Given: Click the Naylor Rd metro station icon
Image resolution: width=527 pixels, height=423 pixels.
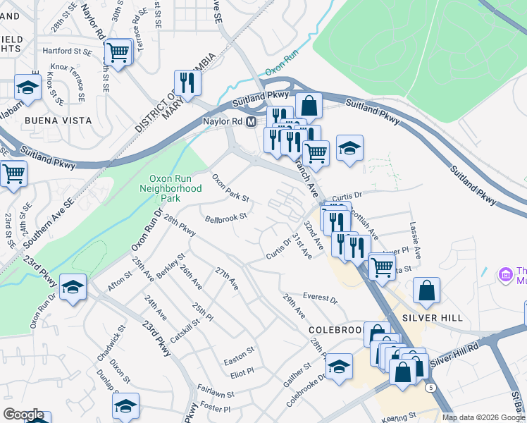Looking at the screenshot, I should [251, 122].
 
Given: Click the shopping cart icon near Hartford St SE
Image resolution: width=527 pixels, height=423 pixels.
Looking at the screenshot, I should [118, 51].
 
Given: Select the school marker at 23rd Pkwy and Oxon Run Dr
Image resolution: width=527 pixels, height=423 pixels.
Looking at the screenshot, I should [73, 287].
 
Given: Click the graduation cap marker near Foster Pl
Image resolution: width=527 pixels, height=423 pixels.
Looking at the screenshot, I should [125, 405].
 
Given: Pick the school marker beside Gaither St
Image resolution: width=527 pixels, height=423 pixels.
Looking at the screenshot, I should [339, 367].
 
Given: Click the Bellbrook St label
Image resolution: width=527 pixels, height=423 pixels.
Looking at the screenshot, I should [226, 218].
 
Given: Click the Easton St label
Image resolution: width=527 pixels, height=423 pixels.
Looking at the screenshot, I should [238, 352].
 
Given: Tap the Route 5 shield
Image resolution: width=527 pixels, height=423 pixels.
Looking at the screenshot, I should [429, 387].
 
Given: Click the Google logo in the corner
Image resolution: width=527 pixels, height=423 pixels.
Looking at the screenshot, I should [23, 415].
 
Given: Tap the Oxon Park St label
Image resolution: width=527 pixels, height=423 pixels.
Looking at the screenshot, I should [232, 191].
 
